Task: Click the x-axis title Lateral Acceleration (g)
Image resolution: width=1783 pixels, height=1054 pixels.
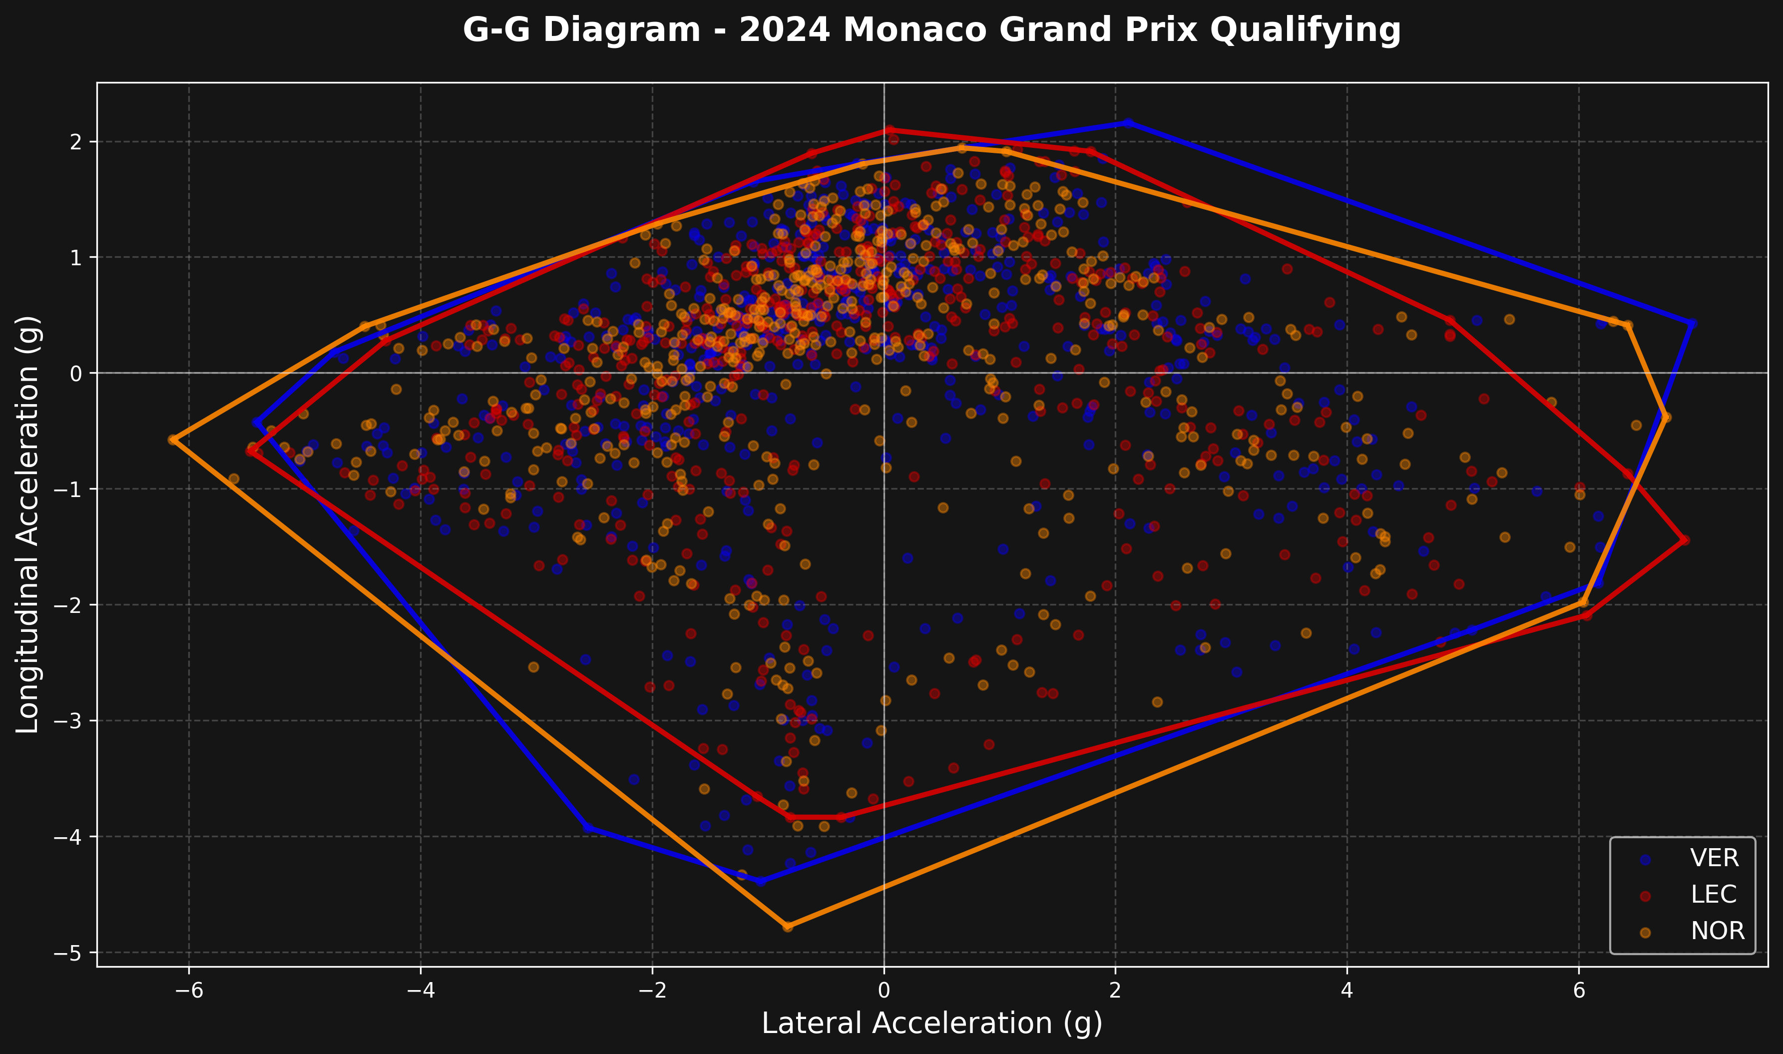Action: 932,1024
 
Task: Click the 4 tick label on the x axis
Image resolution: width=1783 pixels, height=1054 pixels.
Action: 1347,990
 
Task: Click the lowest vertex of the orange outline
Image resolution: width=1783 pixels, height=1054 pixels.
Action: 788,926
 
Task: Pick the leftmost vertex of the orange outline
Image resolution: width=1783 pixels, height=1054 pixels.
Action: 172,440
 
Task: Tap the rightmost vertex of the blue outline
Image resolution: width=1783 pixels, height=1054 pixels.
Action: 1692,323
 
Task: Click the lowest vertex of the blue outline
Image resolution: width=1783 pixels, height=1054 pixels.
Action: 761,881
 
